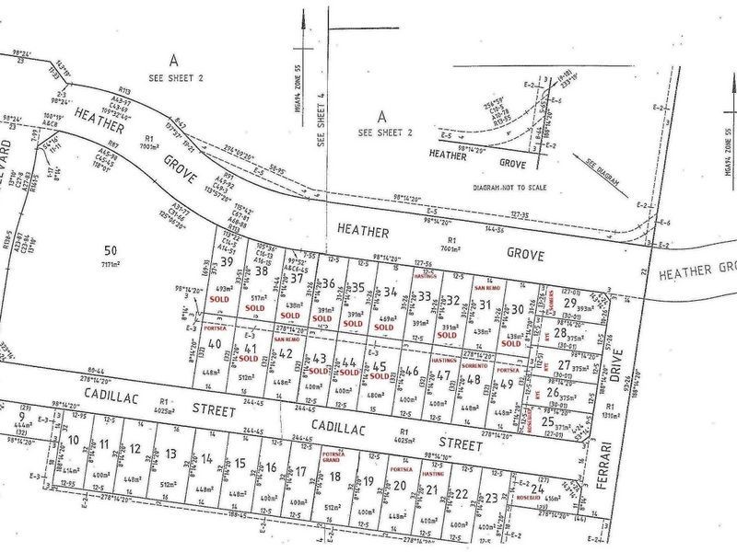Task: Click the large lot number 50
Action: click(111, 249)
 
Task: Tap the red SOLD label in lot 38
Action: click(255, 307)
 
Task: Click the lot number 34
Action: click(392, 293)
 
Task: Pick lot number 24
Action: click(536, 489)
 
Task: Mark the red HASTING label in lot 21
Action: click(433, 473)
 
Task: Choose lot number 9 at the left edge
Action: click(21, 416)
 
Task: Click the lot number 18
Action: click(334, 477)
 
